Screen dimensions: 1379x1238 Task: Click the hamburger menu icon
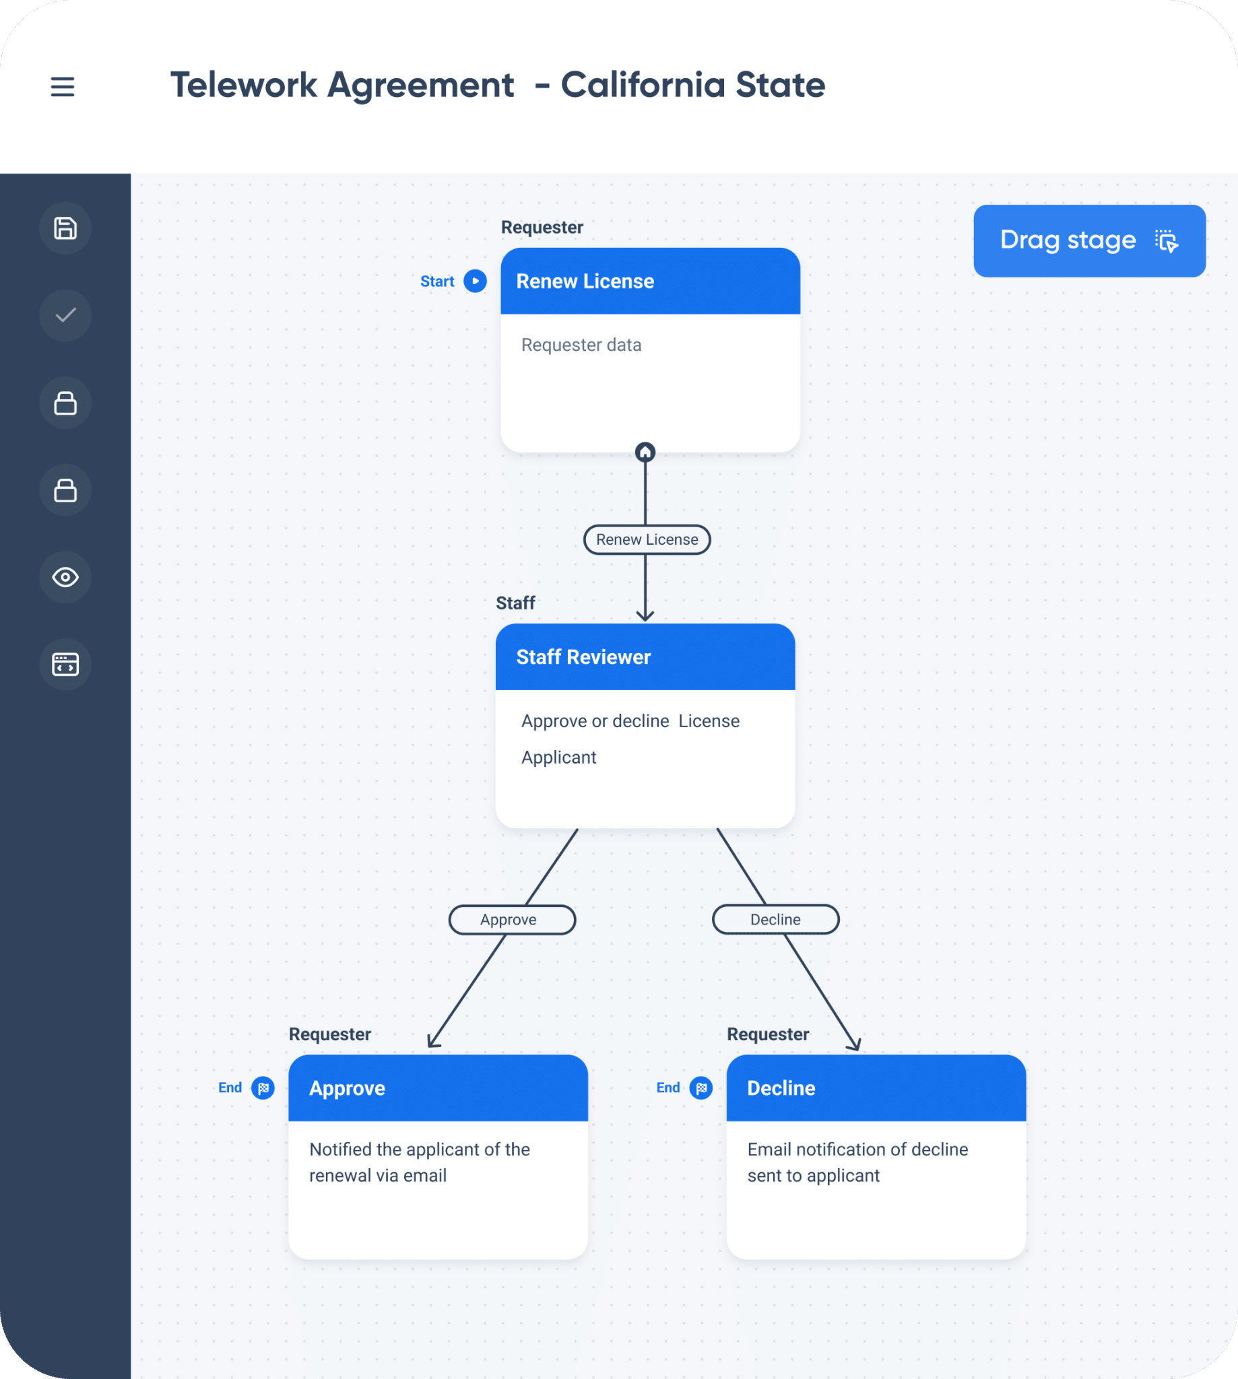coord(63,86)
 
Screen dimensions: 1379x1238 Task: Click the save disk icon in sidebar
coord(65,228)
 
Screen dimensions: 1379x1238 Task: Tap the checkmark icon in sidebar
coord(65,316)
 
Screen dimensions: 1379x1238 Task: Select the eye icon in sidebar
coord(65,577)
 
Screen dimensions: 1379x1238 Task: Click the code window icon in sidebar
coord(65,665)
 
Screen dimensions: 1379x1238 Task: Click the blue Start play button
coord(475,281)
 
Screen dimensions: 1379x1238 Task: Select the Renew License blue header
coord(649,281)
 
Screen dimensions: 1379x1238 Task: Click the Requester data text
coord(581,345)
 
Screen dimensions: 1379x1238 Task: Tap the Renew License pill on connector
coord(647,539)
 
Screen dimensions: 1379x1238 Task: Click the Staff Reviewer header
coord(645,657)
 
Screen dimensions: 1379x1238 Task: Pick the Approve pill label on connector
coord(511,919)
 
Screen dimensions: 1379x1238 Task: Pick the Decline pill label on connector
coord(775,919)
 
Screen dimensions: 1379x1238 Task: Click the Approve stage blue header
coord(437,1088)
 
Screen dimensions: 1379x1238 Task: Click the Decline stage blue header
coord(876,1088)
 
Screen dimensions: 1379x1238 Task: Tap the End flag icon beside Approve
coord(263,1088)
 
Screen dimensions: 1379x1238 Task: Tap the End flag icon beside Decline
coord(701,1088)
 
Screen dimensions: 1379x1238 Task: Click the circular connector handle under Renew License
coord(645,452)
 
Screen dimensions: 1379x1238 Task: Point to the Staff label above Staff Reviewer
coord(515,603)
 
